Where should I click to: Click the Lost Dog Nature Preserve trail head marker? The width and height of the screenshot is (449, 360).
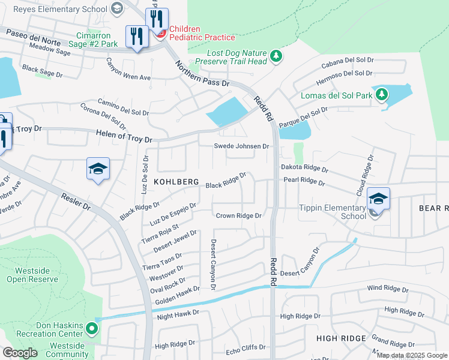pyautogui.click(x=276, y=56)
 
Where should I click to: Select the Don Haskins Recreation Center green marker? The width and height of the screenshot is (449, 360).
pyautogui.click(x=91, y=328)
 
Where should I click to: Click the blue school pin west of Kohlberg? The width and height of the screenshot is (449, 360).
pyautogui.click(x=98, y=169)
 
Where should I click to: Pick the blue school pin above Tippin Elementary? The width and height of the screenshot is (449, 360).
pyautogui.click(x=378, y=199)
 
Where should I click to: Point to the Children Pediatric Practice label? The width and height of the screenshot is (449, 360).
pyautogui.click(x=202, y=33)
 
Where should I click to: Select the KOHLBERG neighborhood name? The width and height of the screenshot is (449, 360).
pyautogui.click(x=176, y=181)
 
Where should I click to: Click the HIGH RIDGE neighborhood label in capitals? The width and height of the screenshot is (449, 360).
pyautogui.click(x=342, y=338)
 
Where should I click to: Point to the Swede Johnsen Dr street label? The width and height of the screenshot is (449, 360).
pyautogui.click(x=242, y=146)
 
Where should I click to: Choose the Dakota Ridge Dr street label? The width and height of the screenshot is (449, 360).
pyautogui.click(x=304, y=170)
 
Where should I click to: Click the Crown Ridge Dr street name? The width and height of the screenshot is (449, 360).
pyautogui.click(x=238, y=215)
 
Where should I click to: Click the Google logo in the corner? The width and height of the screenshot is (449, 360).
pyautogui.click(x=20, y=353)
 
